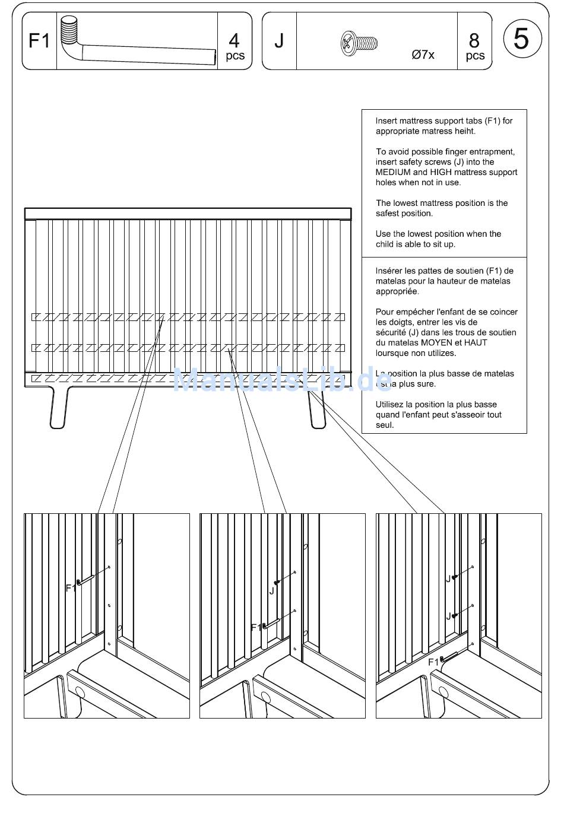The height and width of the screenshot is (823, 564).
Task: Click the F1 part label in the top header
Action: pos(39,41)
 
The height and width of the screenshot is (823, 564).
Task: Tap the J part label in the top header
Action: pos(279,41)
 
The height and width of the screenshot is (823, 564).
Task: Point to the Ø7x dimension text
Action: pos(423,55)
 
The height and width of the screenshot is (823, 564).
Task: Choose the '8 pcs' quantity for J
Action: pos(474,47)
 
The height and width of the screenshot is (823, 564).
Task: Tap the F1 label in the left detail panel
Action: pos(71,588)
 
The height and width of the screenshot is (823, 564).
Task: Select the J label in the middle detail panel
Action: pos(272,591)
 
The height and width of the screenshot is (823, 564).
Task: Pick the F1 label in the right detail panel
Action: pos(433,662)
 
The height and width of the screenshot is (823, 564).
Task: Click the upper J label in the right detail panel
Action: pos(448,579)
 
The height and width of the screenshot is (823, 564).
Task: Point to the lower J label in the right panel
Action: pos(448,617)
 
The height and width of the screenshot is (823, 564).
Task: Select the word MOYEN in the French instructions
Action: pos(436,343)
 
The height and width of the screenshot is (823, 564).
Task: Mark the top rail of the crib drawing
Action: pos(188,214)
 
